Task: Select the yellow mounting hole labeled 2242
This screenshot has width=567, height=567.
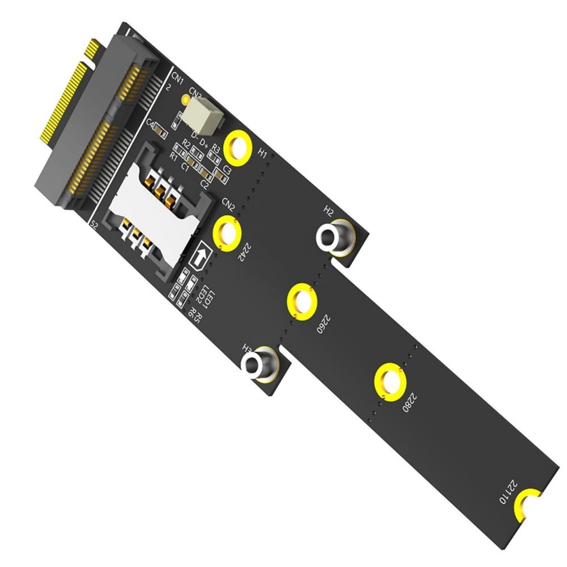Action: [x=227, y=233]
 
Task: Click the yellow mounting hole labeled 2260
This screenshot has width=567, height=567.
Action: [x=302, y=302]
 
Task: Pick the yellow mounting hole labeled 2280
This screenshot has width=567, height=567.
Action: [x=390, y=382]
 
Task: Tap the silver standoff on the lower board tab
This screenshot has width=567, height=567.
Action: [x=257, y=365]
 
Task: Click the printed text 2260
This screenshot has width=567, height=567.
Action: [x=322, y=323]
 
